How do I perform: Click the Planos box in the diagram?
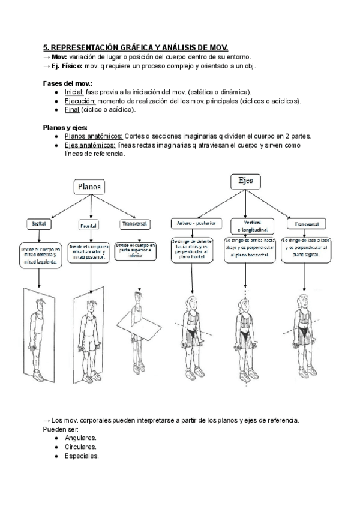click(89, 187)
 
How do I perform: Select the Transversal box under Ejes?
click(306, 224)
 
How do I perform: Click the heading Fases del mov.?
click(68, 83)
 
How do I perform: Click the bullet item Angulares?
click(81, 438)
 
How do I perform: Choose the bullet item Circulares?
click(80, 447)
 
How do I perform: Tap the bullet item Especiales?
click(82, 456)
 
